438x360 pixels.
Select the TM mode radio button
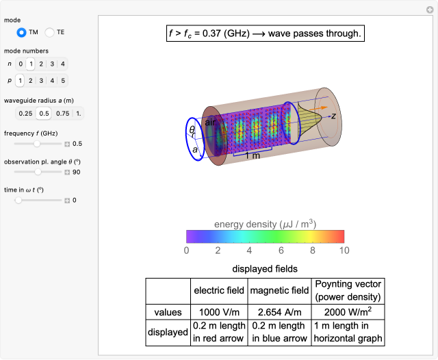(21, 32)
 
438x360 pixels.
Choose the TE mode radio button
(49, 32)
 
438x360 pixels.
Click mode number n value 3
(52, 64)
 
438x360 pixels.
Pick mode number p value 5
(63, 81)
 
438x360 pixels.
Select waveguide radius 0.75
(62, 114)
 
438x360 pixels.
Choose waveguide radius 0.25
(25, 114)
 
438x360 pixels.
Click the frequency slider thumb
(36, 144)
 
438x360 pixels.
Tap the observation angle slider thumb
(38, 172)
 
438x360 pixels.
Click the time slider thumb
(18, 201)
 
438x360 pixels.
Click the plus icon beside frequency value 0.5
(67, 144)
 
